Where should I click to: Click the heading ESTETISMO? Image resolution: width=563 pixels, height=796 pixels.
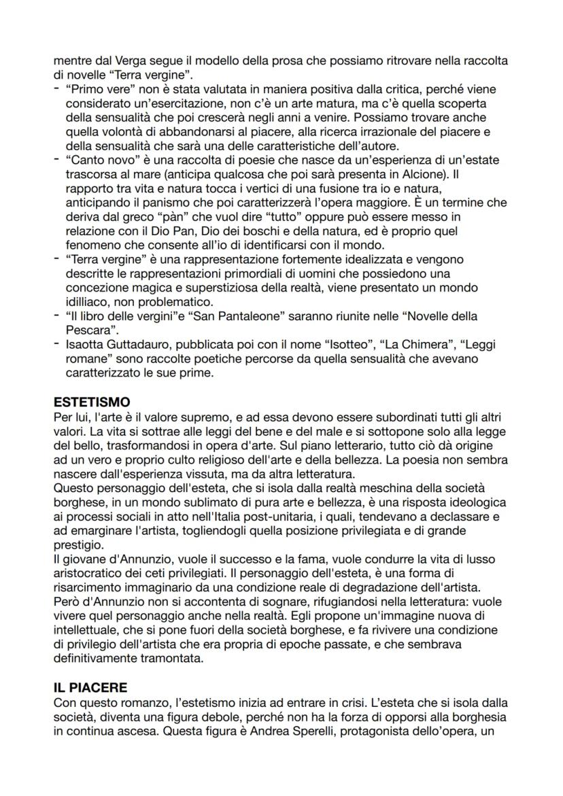click(92, 402)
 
